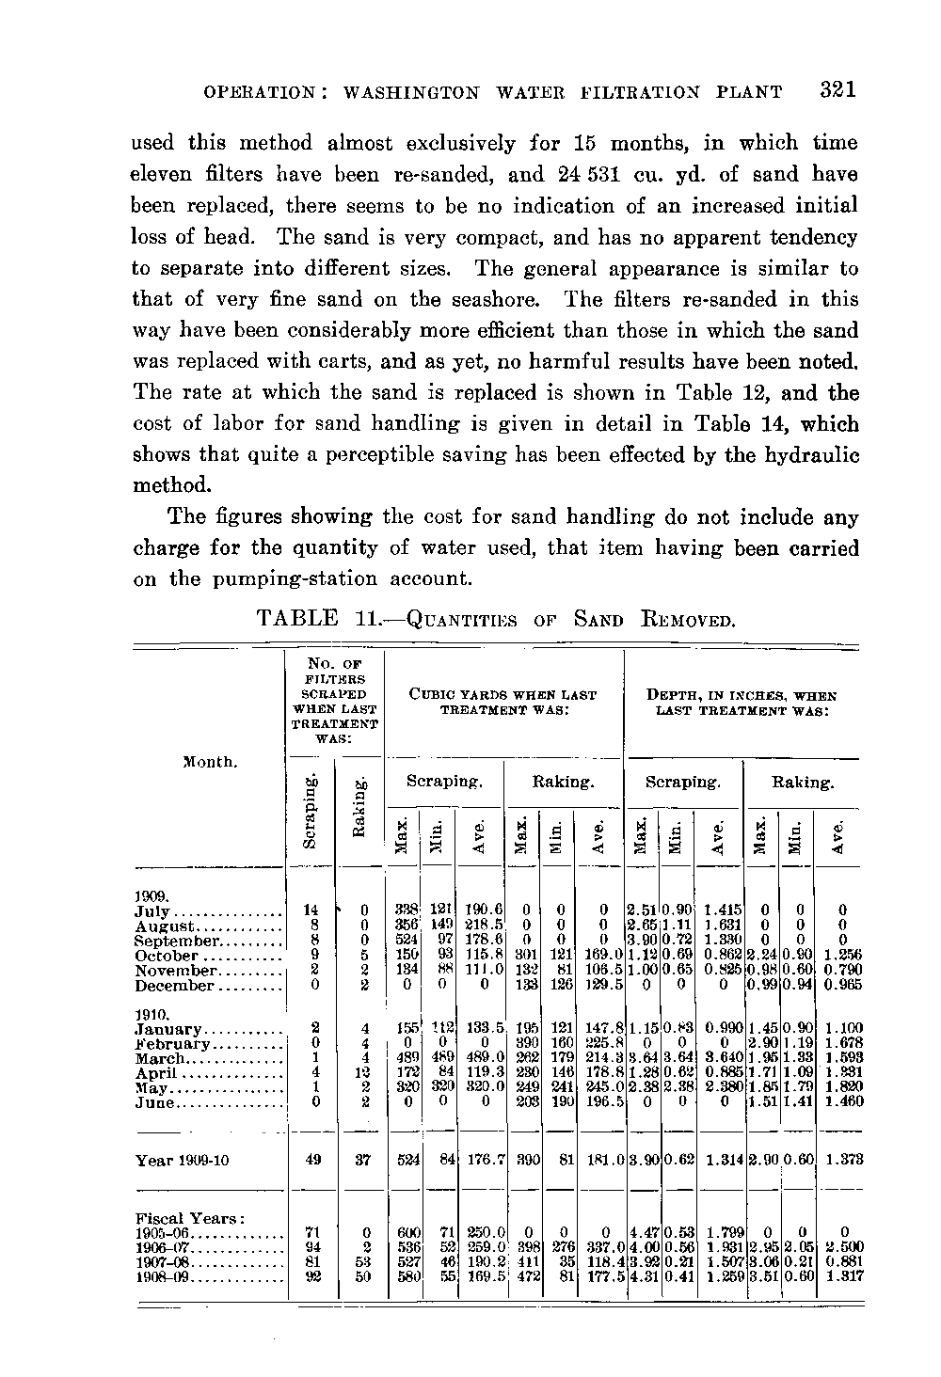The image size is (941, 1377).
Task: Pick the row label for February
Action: click(172, 1044)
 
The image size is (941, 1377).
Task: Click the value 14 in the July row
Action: click(310, 911)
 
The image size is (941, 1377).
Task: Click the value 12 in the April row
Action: click(362, 1073)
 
